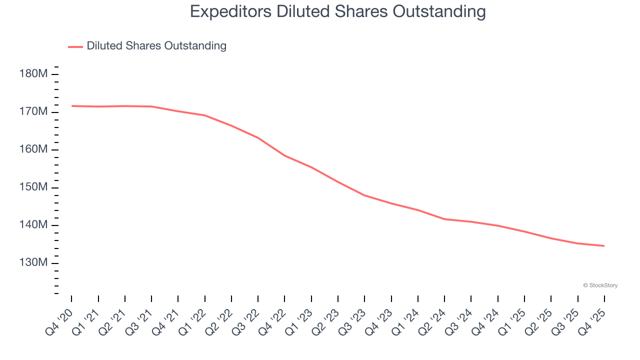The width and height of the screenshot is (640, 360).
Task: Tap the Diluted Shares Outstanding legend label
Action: pyautogui.click(x=156, y=46)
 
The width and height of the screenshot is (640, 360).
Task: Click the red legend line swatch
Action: pyautogui.click(x=75, y=46)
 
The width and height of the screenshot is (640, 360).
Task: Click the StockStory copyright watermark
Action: pyautogui.click(x=600, y=285)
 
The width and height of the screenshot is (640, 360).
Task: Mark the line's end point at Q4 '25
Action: pyautogui.click(x=604, y=245)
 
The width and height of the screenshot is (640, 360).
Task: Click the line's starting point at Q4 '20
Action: pyautogui.click(x=71, y=106)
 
